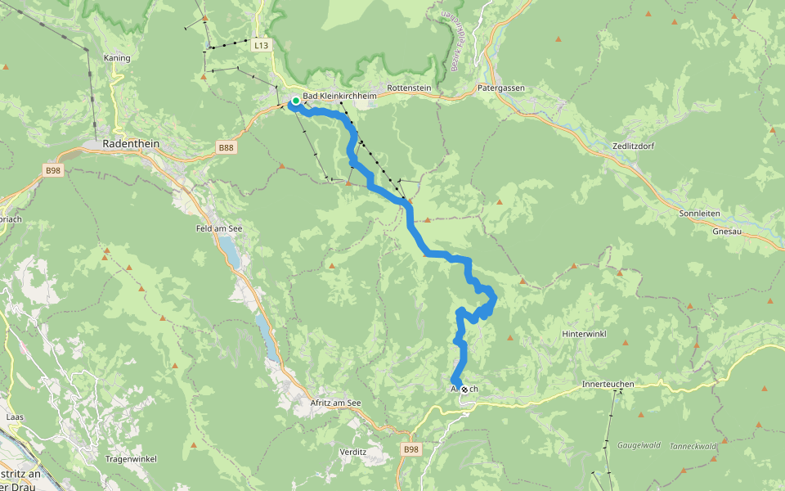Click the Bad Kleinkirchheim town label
click(339, 97)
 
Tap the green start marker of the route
click(295, 101)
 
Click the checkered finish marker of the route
click(464, 390)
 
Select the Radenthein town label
click(131, 143)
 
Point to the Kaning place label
click(118, 58)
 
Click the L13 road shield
click(261, 46)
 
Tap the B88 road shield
click(226, 147)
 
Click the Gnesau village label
click(728, 232)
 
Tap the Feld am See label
click(216, 229)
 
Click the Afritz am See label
click(335, 403)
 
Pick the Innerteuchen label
click(608, 384)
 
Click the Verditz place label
click(352, 452)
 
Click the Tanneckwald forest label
click(693, 446)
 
